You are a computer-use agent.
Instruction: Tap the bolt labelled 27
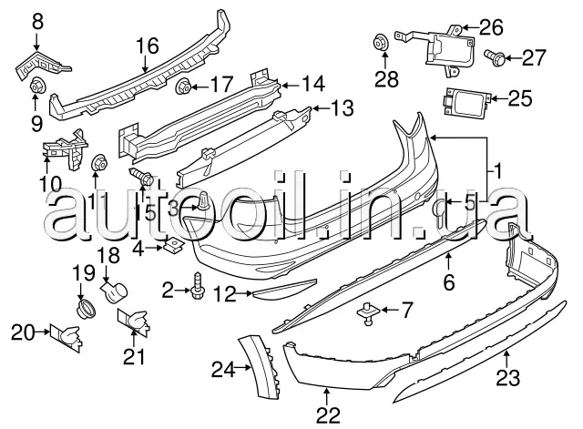point(497,58)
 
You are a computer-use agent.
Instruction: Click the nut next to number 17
point(182,88)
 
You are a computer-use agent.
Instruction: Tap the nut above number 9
point(38,87)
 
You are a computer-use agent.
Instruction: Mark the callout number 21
point(135,358)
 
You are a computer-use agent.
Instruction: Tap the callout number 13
point(341,110)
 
